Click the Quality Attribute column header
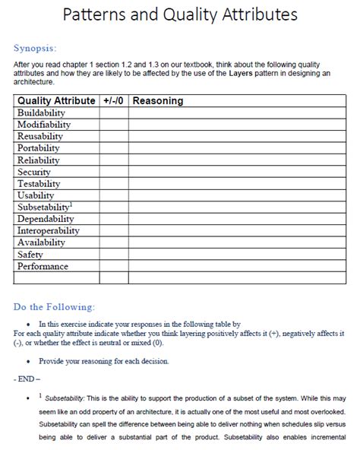tap(56, 100)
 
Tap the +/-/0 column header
tap(113, 100)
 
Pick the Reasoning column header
tap(158, 100)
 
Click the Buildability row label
tap(44, 112)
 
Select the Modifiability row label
tap(45, 125)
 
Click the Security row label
tap(34, 172)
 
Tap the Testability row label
tap(39, 183)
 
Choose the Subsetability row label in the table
tap(44, 208)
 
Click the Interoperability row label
tap(49, 231)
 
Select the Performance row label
tap(43, 267)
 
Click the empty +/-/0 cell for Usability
tap(113, 195)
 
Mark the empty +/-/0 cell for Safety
tap(113, 255)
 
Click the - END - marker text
tap(27, 377)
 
